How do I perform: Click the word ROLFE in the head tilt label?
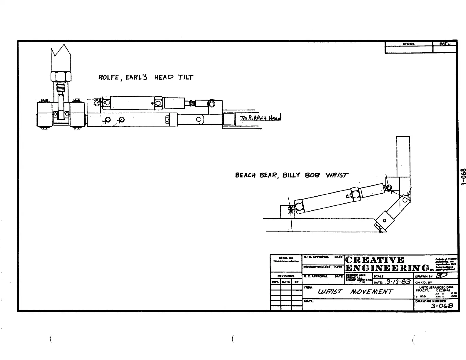click(x=108, y=78)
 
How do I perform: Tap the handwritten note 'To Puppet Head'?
click(x=260, y=118)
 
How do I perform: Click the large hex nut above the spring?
click(x=61, y=77)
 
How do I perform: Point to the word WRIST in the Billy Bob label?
click(x=336, y=175)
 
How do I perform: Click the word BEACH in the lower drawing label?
click(x=245, y=175)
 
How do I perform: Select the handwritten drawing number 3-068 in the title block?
click(x=442, y=306)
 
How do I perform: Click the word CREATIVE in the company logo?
click(x=375, y=260)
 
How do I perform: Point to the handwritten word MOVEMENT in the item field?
click(x=371, y=292)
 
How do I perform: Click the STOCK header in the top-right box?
click(x=409, y=44)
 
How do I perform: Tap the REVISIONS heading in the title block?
click(x=286, y=276)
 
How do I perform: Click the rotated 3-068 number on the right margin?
click(x=463, y=177)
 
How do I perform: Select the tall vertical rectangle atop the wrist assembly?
click(x=403, y=156)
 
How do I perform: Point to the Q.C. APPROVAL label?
click(x=316, y=277)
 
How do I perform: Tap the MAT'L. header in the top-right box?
click(x=445, y=44)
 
